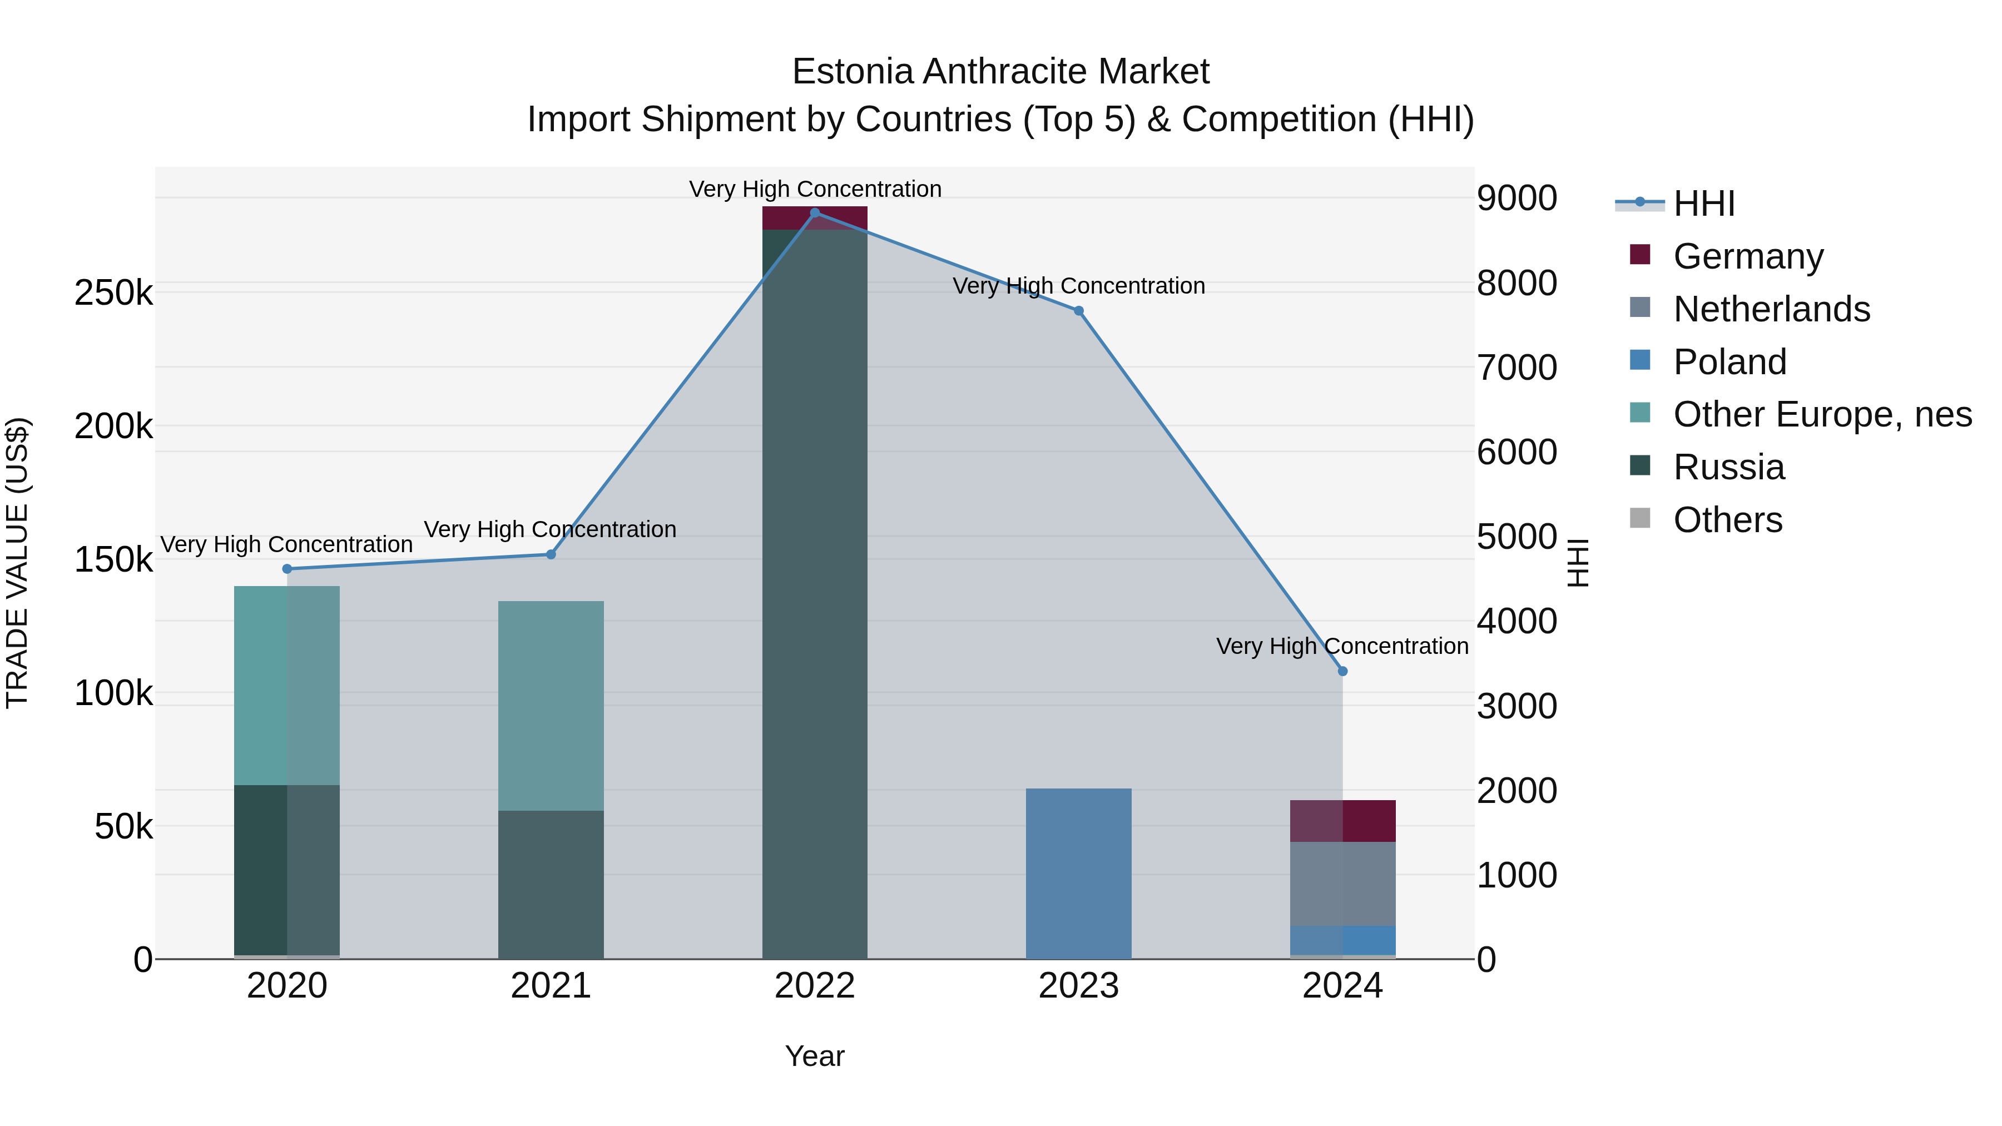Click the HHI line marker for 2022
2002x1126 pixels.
pos(815,213)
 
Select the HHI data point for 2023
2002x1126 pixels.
pos(1079,311)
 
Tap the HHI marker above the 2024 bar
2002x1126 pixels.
pos(1342,671)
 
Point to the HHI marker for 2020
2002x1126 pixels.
pos(287,569)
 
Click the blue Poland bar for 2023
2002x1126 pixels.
pos(1079,874)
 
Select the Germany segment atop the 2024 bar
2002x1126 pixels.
pos(1342,821)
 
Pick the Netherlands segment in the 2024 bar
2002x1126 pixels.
pos(1342,884)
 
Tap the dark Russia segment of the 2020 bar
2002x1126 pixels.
pos(287,870)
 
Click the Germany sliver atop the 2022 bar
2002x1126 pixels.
pos(815,219)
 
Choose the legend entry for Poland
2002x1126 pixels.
pos(1729,362)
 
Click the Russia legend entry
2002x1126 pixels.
pos(1728,468)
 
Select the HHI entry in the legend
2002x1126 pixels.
pos(1703,204)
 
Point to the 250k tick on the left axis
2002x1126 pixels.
pos(113,294)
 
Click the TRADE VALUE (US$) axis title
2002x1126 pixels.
pos(18,563)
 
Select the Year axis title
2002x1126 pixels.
pos(815,1056)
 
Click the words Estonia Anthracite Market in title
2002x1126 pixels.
pos(1000,72)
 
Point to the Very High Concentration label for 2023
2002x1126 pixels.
pos(1079,286)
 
